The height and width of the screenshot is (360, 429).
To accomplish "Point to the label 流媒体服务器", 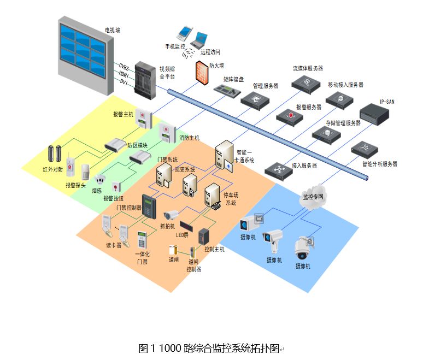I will [308, 69].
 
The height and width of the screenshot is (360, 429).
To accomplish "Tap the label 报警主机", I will [123, 115].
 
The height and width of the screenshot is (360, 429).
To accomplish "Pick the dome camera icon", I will [303, 249].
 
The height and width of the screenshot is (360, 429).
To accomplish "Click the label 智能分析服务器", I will [379, 164].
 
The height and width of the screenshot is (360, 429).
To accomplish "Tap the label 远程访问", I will [210, 52].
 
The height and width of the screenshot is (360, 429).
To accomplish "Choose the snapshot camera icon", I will [172, 215].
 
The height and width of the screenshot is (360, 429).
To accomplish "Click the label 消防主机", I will [189, 138].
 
